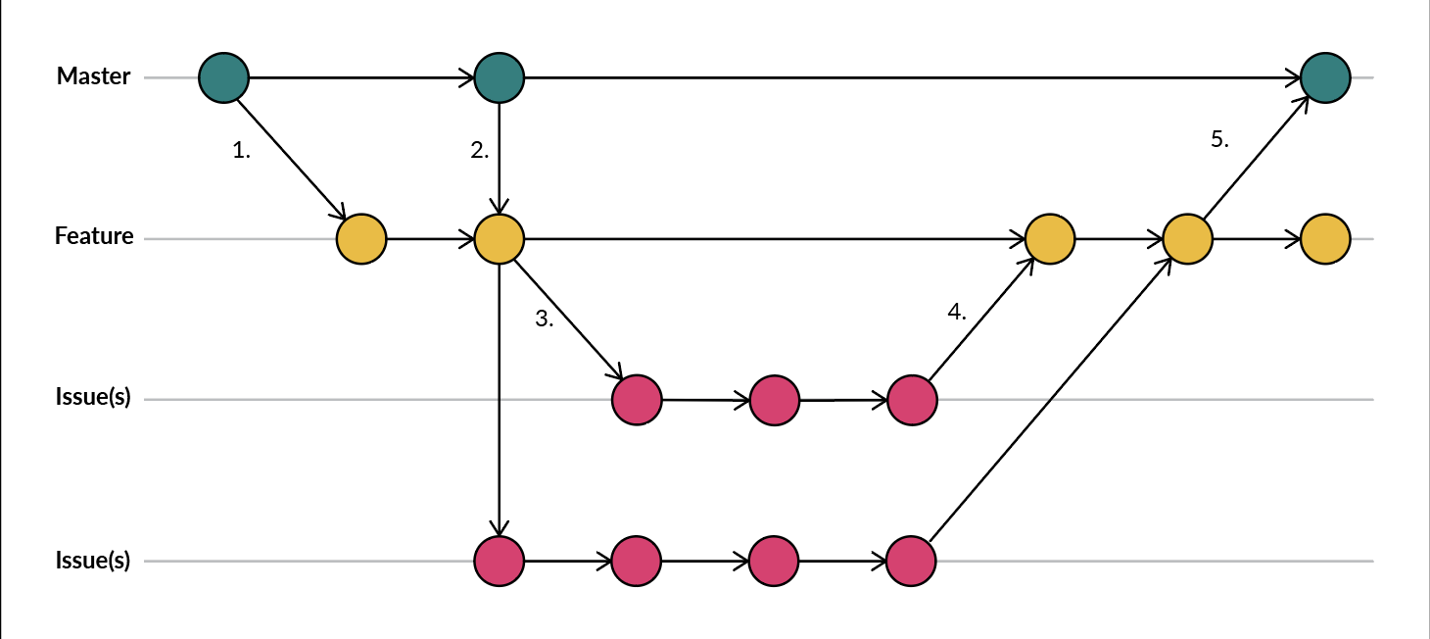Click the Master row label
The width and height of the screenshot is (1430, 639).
[93, 76]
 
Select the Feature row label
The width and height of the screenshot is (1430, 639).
[94, 236]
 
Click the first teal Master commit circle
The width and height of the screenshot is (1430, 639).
[224, 77]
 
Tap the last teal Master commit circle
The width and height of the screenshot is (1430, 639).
[1325, 77]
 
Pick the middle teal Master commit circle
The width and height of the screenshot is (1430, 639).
[500, 77]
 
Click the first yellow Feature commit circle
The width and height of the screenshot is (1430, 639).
[361, 238]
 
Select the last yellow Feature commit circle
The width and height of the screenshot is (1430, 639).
[1325, 238]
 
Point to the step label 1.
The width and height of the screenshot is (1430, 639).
[242, 151]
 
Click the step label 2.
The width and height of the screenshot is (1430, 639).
[479, 151]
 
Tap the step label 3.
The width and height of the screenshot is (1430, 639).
[545, 319]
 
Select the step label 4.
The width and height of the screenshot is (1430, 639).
[957, 312]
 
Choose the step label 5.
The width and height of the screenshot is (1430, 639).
[1219, 139]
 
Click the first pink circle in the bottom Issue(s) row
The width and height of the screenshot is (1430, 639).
[500, 561]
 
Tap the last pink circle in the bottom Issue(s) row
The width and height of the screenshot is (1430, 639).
[912, 561]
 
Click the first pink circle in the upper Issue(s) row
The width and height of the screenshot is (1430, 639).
[637, 400]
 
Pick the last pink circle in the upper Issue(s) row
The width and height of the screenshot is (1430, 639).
[912, 400]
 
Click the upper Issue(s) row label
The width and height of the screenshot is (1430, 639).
[93, 400]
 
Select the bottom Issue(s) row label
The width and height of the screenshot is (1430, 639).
[93, 561]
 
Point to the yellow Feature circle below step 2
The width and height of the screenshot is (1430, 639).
[500, 238]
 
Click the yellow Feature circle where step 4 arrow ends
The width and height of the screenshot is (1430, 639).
[1050, 238]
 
